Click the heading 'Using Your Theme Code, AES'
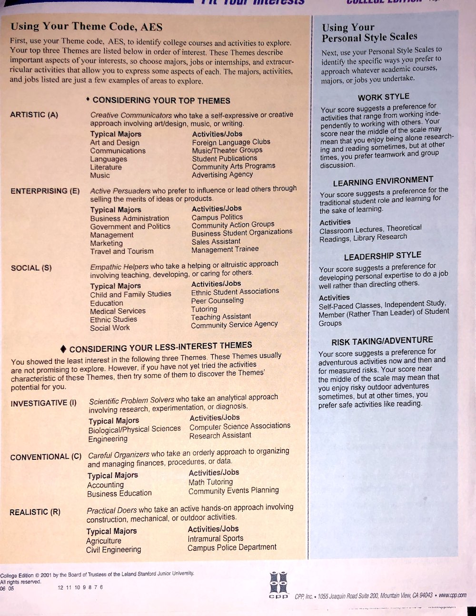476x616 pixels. (x=86, y=27)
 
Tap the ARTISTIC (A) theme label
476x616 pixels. (x=34, y=115)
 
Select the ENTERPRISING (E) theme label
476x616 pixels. (x=45, y=191)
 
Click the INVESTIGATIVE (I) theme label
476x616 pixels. (x=43, y=403)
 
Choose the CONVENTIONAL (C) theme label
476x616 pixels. (x=46, y=457)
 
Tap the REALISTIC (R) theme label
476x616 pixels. (x=35, y=512)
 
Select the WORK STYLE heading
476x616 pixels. (x=383, y=97)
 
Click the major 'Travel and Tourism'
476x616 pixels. (x=122, y=251)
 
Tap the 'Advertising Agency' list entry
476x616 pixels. (x=222, y=175)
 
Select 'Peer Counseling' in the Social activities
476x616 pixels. (x=217, y=300)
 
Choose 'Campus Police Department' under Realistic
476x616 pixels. (x=232, y=547)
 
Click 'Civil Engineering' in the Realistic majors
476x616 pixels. (x=113, y=550)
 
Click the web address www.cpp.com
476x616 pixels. (x=452, y=595)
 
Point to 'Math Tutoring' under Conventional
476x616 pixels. (x=210, y=482)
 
